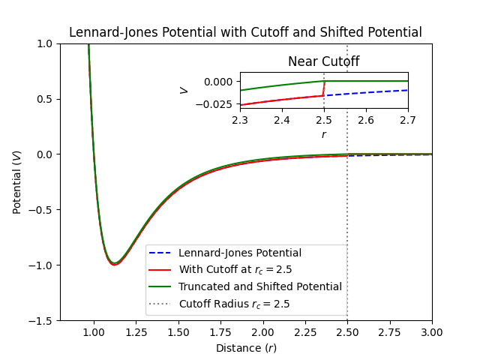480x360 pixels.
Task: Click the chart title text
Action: click(245, 33)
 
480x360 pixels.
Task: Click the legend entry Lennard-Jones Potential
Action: click(239, 253)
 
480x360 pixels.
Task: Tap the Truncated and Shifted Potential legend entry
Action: click(259, 286)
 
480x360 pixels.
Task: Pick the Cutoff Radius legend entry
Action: click(234, 304)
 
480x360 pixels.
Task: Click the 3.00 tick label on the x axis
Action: click(432, 328)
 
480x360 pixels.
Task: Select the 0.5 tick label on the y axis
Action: click(45, 99)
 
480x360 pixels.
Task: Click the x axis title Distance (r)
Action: click(246, 348)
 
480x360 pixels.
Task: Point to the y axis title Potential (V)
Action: click(17, 182)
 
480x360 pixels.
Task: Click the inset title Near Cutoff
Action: click(323, 61)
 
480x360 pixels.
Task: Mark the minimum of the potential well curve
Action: click(114, 265)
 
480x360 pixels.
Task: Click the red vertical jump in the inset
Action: click(324, 88)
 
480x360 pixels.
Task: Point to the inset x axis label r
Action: click(324, 134)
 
